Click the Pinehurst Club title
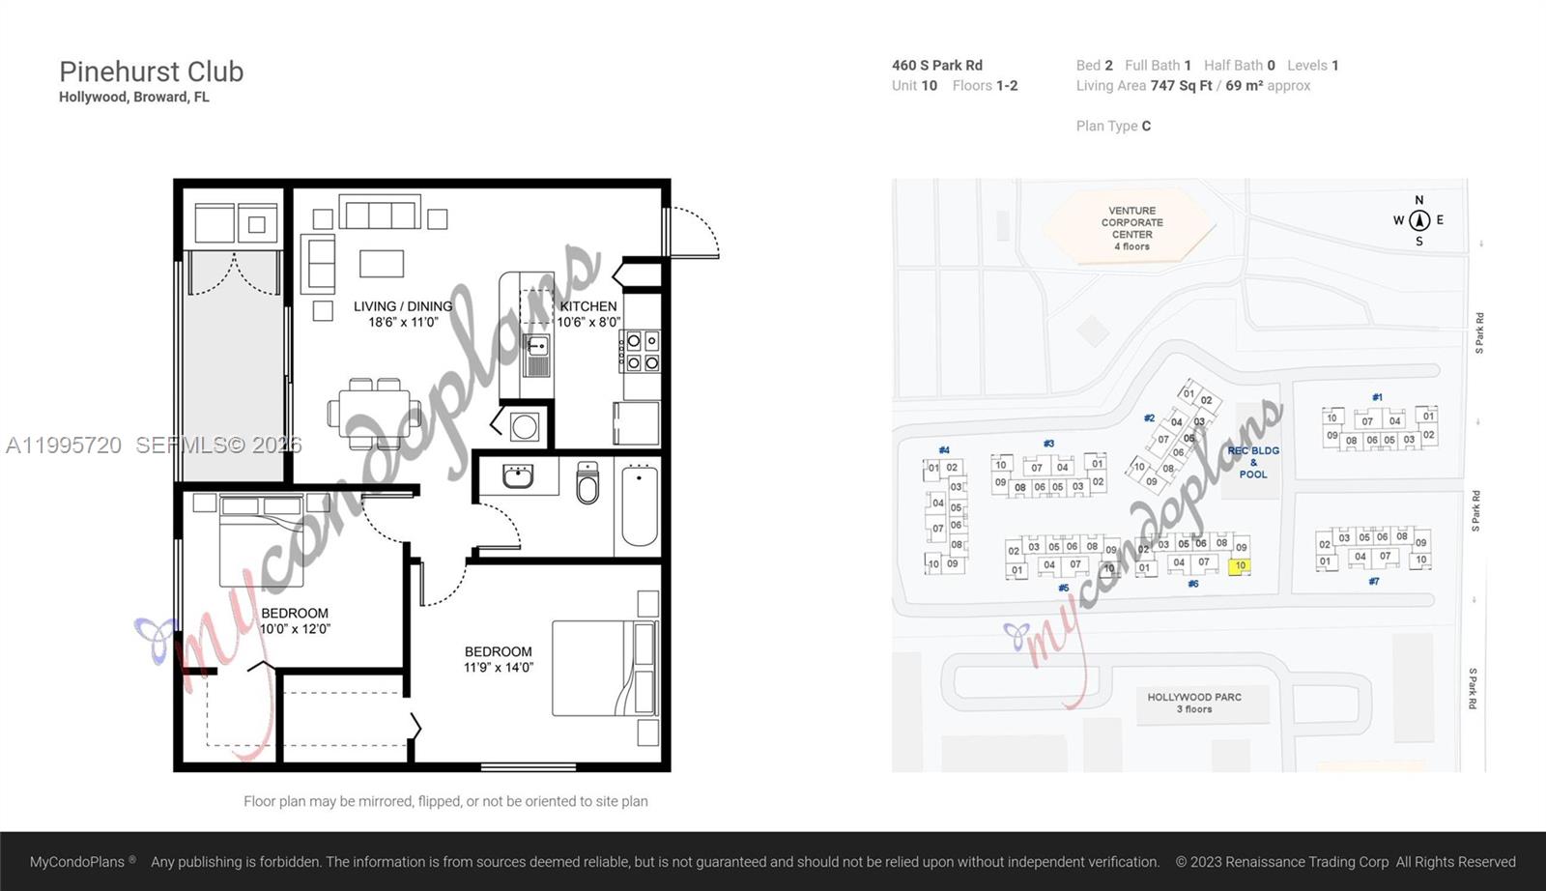[x=152, y=72]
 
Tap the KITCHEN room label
[x=587, y=305]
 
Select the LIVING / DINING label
[x=403, y=305]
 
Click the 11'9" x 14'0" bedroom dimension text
[x=498, y=668]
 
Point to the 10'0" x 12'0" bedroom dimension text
[x=295, y=629]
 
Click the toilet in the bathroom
[x=587, y=483]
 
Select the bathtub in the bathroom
[x=640, y=506]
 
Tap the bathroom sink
[x=518, y=475]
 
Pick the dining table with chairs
[x=375, y=413]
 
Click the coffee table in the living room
[x=382, y=263]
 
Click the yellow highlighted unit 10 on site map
[x=1240, y=566]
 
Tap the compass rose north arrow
[x=1418, y=220]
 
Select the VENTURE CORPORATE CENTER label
[x=1131, y=228]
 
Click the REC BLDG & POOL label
[x=1253, y=462]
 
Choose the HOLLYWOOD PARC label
[x=1194, y=702]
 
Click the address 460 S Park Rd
[x=936, y=65]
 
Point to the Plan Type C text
[x=1113, y=126]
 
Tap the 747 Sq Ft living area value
[x=1181, y=85]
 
